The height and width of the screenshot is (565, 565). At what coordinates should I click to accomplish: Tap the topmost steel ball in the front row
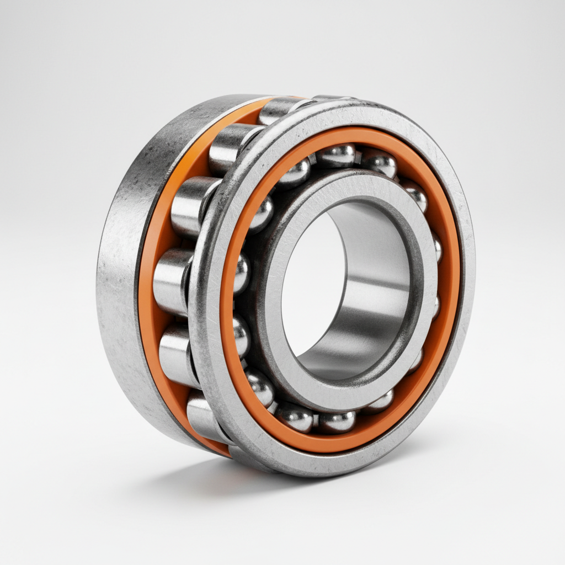pyautogui.click(x=335, y=156)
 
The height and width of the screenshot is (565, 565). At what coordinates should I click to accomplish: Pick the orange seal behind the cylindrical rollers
pyautogui.click(x=150, y=309)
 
